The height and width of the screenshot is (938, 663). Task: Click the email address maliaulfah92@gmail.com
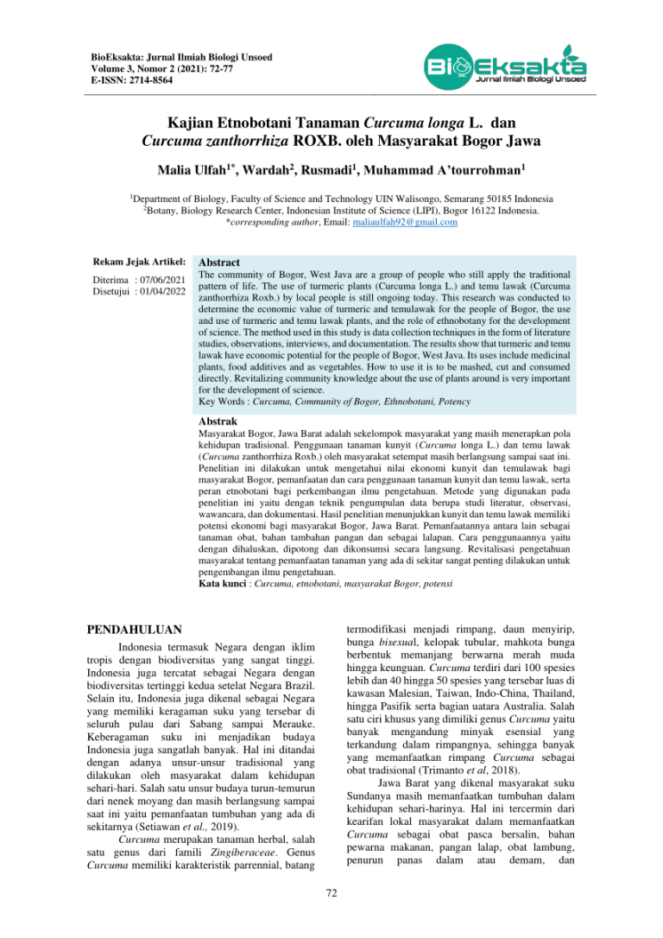pyautogui.click(x=387, y=222)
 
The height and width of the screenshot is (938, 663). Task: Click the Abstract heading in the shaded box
pyautogui.click(x=219, y=262)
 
